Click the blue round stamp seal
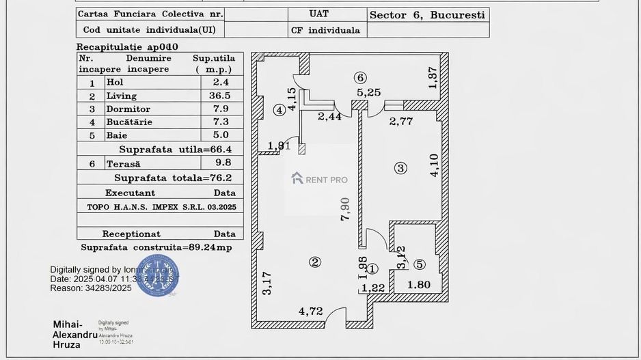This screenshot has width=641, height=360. click(x=158, y=275)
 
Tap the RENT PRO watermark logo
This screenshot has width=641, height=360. click(x=319, y=179)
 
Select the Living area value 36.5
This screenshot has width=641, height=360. click(x=219, y=96)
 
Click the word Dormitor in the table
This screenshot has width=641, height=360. click(x=128, y=109)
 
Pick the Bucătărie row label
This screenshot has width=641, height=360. click(x=129, y=122)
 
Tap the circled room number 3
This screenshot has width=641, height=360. click(x=400, y=167)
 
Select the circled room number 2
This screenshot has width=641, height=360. click(x=314, y=262)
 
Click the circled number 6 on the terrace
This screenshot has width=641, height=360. click(x=360, y=77)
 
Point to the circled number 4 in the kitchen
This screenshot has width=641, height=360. click(x=279, y=109)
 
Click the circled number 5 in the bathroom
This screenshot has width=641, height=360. click(x=419, y=264)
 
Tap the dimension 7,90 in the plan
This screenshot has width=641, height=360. click(x=346, y=208)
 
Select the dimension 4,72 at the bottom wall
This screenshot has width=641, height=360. click(x=310, y=311)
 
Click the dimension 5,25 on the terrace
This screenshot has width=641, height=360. click(x=368, y=92)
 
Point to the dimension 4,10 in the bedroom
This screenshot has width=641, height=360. click(x=434, y=166)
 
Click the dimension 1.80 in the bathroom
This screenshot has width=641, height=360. click(x=418, y=285)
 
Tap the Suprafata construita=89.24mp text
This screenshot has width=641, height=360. click(x=156, y=247)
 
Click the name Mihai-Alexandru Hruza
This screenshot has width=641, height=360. click(x=74, y=334)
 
